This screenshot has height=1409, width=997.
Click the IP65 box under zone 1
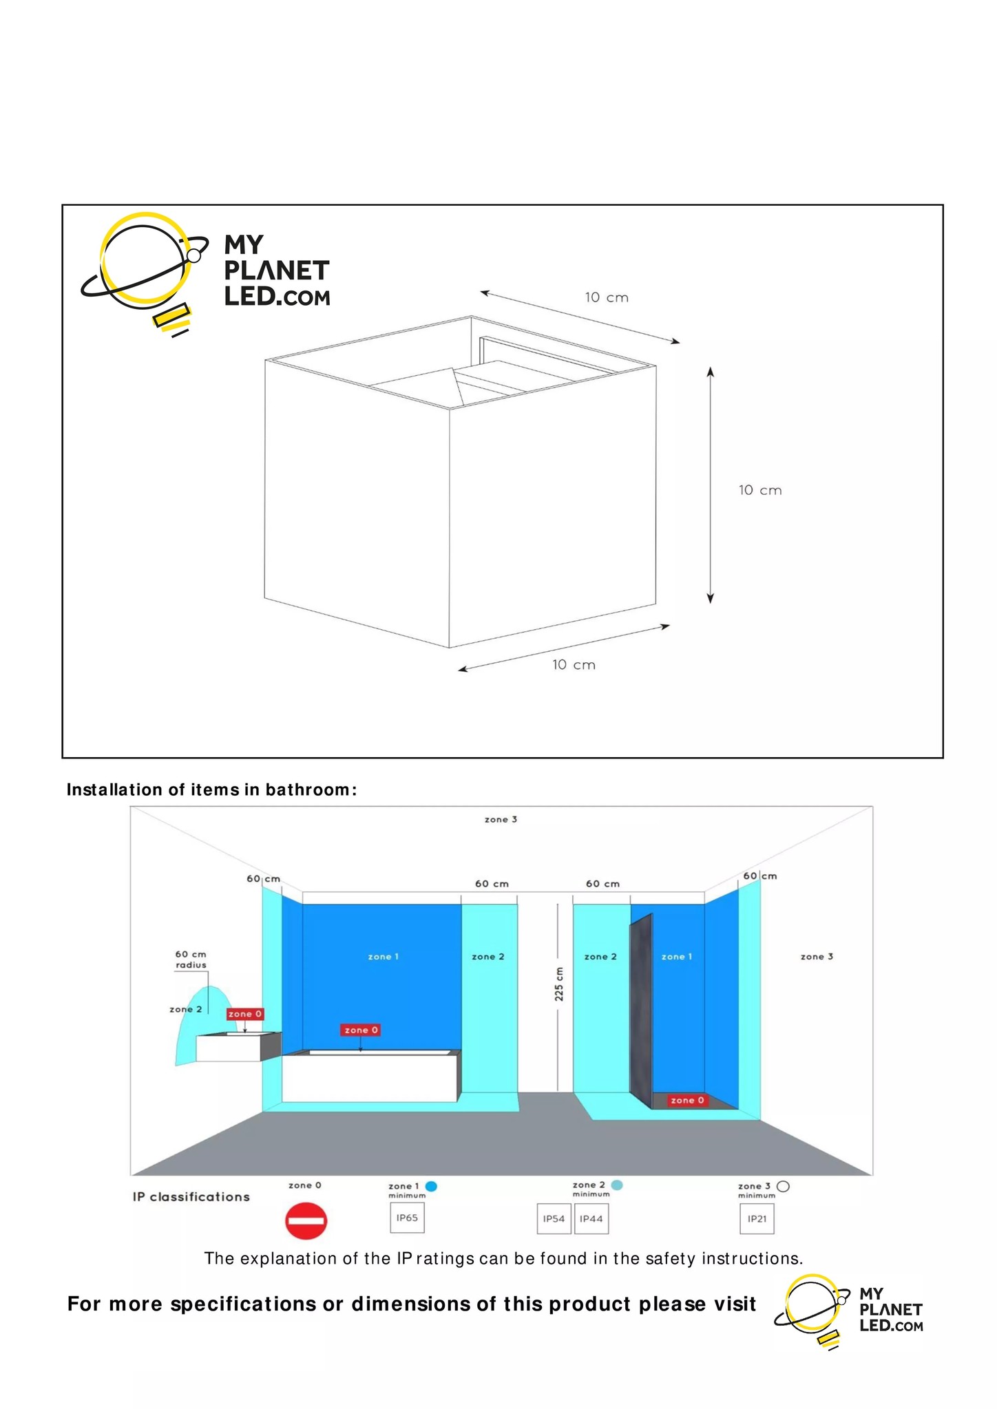(x=407, y=1218)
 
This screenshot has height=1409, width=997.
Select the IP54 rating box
(x=554, y=1219)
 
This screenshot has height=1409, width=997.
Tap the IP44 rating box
(x=591, y=1219)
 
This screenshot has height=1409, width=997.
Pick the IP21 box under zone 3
(x=757, y=1219)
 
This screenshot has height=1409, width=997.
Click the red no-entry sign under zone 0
(x=306, y=1221)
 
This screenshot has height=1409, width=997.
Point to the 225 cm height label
(x=559, y=984)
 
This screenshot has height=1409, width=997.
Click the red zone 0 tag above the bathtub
(x=361, y=1030)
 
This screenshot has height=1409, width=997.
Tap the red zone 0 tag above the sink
(x=245, y=1014)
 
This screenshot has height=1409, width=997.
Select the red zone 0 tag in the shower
(x=687, y=1100)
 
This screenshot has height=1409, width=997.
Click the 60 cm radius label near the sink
(x=191, y=960)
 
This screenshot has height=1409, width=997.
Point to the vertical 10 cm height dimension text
(x=760, y=490)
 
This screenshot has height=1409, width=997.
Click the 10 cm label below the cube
(x=574, y=665)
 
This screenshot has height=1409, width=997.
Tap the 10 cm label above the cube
(x=607, y=297)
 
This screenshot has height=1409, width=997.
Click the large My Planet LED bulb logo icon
(x=145, y=272)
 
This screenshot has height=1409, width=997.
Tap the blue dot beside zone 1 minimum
(x=432, y=1186)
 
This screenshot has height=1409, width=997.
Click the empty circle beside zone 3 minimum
(x=783, y=1186)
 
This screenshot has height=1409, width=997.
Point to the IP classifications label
(x=191, y=1197)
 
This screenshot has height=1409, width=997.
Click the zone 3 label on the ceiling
(x=501, y=819)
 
